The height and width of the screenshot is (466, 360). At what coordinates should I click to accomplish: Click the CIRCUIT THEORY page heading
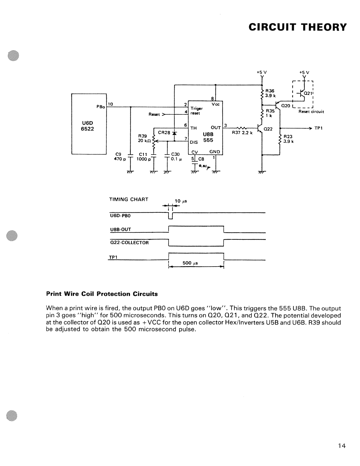[x=298, y=27]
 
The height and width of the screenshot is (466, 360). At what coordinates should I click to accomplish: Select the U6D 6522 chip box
[x=89, y=124]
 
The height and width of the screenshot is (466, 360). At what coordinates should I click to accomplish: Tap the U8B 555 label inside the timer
[x=208, y=137]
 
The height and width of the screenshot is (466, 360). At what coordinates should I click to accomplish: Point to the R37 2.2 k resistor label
[x=242, y=133]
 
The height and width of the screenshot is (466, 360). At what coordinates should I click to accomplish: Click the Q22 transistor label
[x=268, y=129]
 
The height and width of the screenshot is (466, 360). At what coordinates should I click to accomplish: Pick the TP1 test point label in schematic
[x=319, y=128]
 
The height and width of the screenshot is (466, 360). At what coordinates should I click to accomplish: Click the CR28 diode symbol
[x=174, y=133]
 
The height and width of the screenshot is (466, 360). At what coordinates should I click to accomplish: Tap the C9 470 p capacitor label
[x=120, y=157]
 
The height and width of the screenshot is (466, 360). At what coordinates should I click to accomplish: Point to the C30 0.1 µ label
[x=176, y=157]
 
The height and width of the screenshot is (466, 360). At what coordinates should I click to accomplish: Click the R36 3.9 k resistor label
[x=270, y=93]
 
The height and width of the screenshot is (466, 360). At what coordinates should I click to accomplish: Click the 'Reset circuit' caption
[x=311, y=111]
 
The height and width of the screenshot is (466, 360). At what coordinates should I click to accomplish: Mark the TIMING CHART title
[x=129, y=199]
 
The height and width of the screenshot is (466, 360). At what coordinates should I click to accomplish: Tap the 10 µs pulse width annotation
[x=181, y=201]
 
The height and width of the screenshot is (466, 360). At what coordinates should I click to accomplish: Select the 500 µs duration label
[x=190, y=263]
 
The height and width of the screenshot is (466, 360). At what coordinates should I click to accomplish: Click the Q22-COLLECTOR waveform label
[x=129, y=243]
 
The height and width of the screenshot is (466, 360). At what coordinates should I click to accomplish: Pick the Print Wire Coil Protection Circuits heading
[x=102, y=294]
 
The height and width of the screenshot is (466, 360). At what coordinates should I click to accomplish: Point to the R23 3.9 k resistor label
[x=289, y=139]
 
